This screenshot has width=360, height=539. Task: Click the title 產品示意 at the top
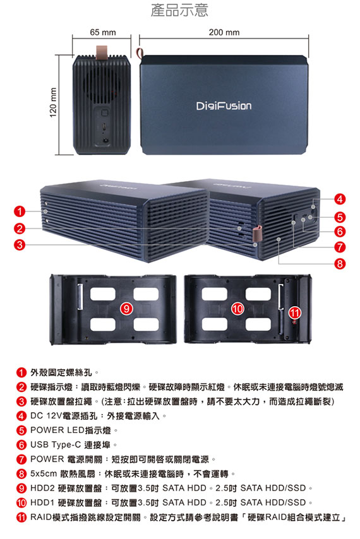point(179,10)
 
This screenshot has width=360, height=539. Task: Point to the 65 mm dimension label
point(103,32)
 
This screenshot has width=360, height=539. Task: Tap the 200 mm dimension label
point(224,32)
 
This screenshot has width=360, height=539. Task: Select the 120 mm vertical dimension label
point(53,102)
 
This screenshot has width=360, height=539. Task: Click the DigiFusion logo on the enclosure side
point(224,105)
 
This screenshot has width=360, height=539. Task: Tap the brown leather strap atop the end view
point(102,52)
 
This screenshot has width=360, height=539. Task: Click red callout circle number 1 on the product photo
point(20,211)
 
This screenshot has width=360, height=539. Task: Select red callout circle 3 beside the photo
point(20,245)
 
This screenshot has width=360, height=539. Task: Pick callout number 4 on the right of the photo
point(340,199)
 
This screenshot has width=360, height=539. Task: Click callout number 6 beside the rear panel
point(340,232)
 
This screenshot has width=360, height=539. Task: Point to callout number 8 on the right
point(340,264)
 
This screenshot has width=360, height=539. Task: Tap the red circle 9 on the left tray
point(126,309)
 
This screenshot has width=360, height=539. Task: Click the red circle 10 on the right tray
point(237,309)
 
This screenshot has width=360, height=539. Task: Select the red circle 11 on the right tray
point(295,313)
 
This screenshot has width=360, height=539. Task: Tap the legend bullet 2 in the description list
point(21,387)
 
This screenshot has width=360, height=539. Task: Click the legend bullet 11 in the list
point(21,517)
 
